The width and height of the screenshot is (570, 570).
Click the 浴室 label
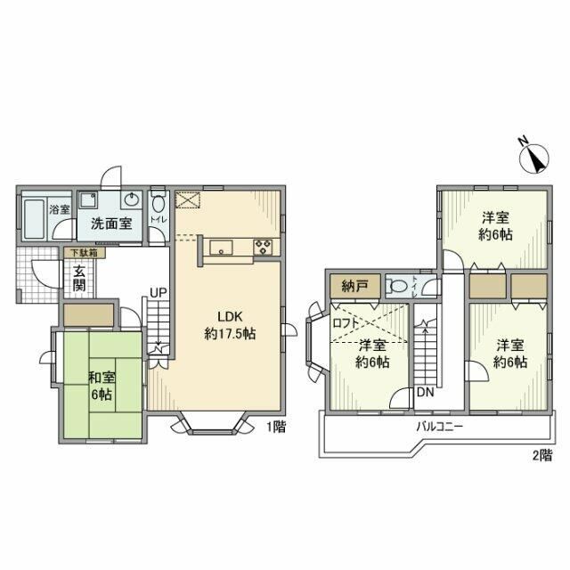tap(59, 210)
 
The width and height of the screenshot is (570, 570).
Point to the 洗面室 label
tap(112, 224)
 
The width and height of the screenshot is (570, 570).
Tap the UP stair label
tap(158, 292)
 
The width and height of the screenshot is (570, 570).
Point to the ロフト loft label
tap(347, 324)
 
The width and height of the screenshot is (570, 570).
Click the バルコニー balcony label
tap(440, 427)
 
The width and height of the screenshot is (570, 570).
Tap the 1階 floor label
tap(274, 427)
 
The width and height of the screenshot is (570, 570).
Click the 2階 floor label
tap(541, 457)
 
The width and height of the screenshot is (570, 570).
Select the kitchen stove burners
tap(264, 248)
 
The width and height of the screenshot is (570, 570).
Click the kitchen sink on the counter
tap(223, 248)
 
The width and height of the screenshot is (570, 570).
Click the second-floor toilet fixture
tap(400, 286)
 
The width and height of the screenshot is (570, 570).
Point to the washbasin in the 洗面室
tap(133, 199)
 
